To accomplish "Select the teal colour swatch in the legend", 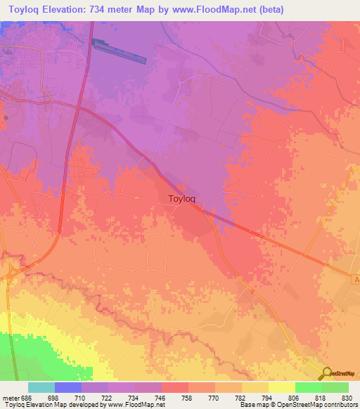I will (41, 387).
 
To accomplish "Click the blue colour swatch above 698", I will (68, 387).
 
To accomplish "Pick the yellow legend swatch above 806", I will (281, 387).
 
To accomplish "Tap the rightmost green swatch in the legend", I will (335, 387).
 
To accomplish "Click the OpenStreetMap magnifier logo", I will (326, 373).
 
